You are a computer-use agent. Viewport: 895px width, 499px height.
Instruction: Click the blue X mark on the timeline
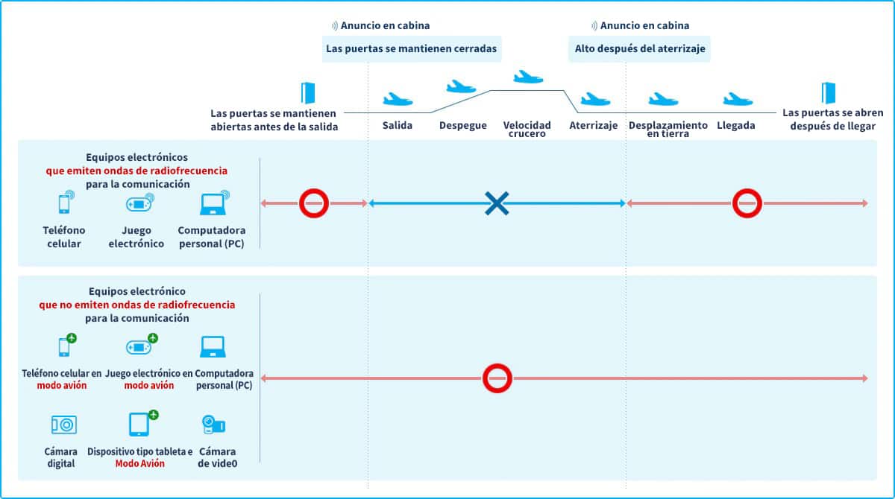pos(497,203)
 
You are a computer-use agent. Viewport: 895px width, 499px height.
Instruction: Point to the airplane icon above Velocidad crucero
pos(528,77)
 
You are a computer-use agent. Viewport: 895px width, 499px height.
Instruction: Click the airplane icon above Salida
pos(398,99)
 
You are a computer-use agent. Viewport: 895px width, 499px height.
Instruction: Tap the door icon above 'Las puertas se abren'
pos(829,93)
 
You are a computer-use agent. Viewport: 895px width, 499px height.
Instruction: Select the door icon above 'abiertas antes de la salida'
pos(307,93)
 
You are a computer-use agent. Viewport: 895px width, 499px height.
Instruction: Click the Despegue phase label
pos(463,125)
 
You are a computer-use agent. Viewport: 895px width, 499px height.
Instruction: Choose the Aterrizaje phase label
pos(594,125)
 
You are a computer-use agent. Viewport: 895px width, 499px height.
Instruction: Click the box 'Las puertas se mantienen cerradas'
pos(412,48)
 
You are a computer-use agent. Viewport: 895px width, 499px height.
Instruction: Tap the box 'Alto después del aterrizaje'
pos(640,48)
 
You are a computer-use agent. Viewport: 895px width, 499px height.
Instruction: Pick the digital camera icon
pos(64,425)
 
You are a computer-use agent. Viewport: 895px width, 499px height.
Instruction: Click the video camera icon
pos(214,425)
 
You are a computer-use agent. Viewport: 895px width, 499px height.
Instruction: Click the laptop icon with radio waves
pos(215,203)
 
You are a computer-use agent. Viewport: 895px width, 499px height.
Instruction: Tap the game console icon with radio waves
pos(140,203)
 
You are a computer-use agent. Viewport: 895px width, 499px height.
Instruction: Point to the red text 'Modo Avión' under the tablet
pos(140,463)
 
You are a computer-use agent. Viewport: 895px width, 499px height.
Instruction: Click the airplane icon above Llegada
pos(738,99)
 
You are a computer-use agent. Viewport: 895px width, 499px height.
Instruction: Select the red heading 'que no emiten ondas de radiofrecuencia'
pos(137,305)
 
